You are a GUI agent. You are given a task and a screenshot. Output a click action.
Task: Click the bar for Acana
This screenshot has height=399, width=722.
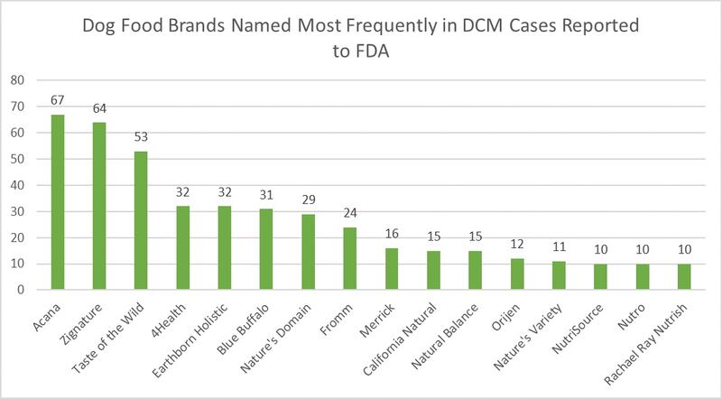(58, 202)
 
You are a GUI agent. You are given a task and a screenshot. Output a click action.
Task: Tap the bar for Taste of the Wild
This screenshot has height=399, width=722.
(141, 220)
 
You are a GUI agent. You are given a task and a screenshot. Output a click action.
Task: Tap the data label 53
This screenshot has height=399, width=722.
(141, 136)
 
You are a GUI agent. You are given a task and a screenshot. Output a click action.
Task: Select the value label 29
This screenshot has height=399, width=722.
(307, 199)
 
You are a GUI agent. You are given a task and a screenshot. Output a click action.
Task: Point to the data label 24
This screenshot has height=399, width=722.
(348, 212)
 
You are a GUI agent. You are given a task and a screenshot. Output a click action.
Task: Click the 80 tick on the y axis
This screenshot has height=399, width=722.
(17, 79)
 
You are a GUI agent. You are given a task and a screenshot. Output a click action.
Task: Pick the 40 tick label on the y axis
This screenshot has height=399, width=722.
(17, 185)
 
